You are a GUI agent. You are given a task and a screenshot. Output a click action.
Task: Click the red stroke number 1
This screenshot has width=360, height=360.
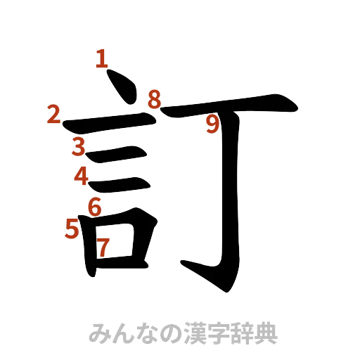(x=103, y=59)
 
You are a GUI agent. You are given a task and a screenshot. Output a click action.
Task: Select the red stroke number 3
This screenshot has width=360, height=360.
(x=77, y=146)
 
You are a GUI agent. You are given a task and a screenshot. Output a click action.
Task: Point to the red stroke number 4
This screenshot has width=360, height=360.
(x=82, y=174)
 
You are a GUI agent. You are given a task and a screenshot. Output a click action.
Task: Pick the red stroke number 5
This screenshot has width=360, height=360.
(x=72, y=229)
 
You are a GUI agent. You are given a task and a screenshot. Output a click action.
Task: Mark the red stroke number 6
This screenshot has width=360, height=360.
(x=93, y=206)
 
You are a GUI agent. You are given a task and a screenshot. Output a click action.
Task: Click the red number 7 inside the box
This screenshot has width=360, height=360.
(x=103, y=247)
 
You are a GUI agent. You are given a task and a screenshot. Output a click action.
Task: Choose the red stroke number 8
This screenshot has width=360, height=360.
(x=155, y=98)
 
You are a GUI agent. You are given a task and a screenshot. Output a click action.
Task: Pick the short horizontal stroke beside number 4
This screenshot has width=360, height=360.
(x=120, y=184)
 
